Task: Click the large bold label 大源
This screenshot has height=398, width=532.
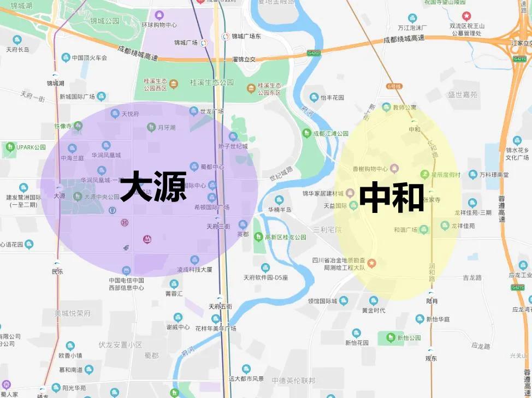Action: [153, 187]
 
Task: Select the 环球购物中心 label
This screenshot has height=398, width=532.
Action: [159, 25]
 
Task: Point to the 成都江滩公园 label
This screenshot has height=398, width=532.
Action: [330, 133]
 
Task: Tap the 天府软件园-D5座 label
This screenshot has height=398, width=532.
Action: [265, 277]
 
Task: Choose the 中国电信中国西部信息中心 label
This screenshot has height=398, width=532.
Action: [126, 284]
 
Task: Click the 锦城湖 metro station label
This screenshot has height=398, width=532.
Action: [55, 84]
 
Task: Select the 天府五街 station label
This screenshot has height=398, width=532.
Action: [220, 306]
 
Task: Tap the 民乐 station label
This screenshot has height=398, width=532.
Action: [57, 271]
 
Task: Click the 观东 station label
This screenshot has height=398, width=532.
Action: [431, 358]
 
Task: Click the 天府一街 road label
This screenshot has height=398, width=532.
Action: [32, 97]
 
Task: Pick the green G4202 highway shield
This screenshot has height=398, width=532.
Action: [314, 54]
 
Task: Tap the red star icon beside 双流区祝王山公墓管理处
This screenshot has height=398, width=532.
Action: [466, 16]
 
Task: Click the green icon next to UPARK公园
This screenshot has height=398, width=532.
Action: [9, 147]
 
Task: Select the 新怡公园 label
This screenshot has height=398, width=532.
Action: [409, 338]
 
